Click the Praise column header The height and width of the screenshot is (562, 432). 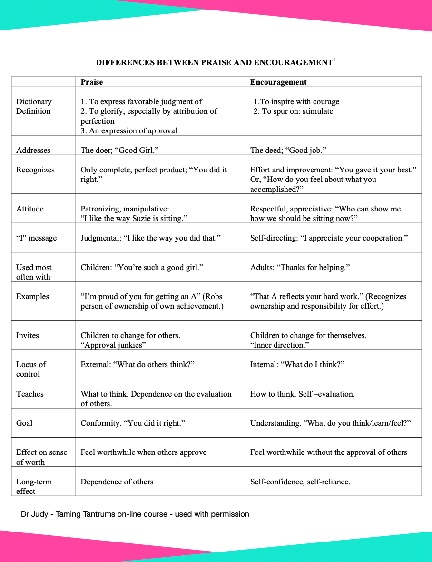(x=92, y=82)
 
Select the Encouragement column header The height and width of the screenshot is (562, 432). (x=278, y=82)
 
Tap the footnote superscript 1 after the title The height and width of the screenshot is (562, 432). (x=335, y=60)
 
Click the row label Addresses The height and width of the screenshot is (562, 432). (x=33, y=150)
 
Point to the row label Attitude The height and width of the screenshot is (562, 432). (x=30, y=209)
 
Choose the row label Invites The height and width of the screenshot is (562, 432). (x=28, y=335)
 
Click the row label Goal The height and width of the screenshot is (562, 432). (x=24, y=423)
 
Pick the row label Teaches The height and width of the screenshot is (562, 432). (x=30, y=394)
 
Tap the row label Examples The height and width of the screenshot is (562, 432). (x=32, y=296)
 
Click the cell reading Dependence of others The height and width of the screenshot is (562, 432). (x=117, y=482)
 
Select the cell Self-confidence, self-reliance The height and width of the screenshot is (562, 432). (x=300, y=482)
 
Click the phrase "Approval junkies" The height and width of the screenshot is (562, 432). (x=113, y=345)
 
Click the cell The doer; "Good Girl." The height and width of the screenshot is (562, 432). (x=119, y=150)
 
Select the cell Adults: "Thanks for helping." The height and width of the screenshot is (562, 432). (x=300, y=267)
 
